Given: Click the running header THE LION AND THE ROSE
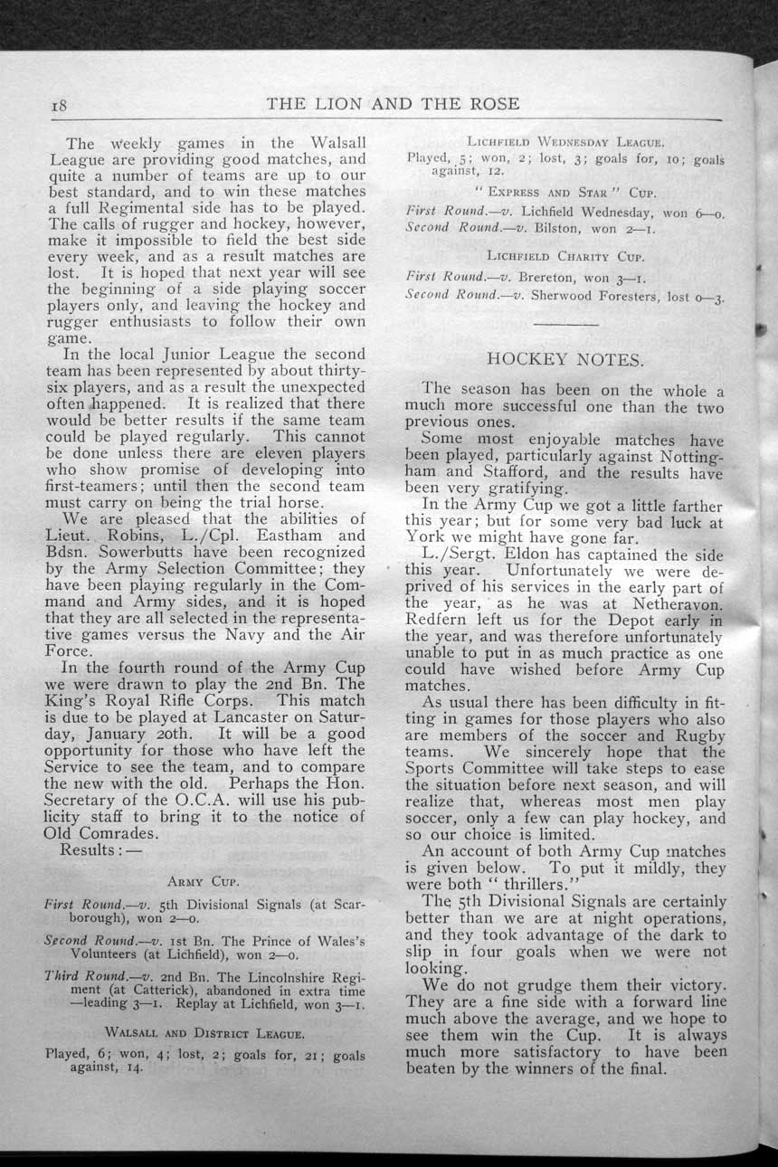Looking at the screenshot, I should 394,103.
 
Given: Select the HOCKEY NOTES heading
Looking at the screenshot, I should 565,359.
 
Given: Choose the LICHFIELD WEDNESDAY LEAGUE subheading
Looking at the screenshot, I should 565,142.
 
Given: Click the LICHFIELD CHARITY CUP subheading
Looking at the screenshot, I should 565,256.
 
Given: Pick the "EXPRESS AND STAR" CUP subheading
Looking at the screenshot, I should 565,193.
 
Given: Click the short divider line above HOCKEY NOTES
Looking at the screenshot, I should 565,323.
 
